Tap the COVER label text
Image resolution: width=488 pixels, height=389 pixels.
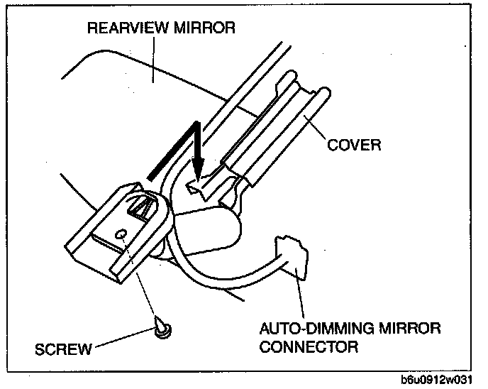(x=354, y=145)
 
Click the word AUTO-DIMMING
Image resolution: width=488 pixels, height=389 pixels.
(x=308, y=329)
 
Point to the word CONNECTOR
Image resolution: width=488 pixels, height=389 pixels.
(x=309, y=347)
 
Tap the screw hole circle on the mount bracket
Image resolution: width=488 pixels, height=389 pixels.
(x=122, y=233)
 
